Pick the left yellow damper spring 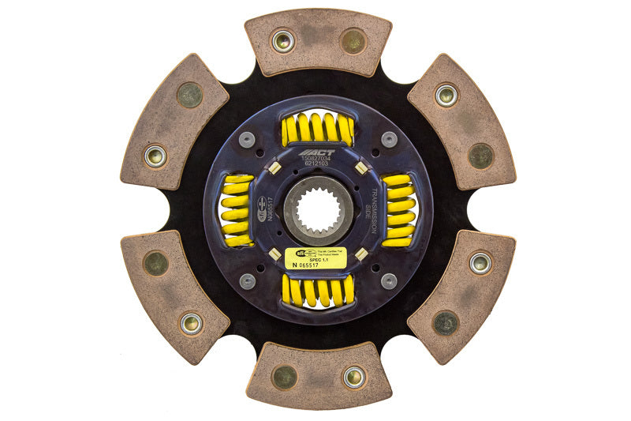[x=237, y=210]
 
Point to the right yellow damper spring [x=399, y=210]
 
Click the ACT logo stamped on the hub [x=317, y=152]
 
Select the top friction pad [x=318, y=41]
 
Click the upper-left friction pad [x=174, y=122]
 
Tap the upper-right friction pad [x=461, y=122]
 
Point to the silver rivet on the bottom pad [x=353, y=377]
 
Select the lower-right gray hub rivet [x=388, y=280]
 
